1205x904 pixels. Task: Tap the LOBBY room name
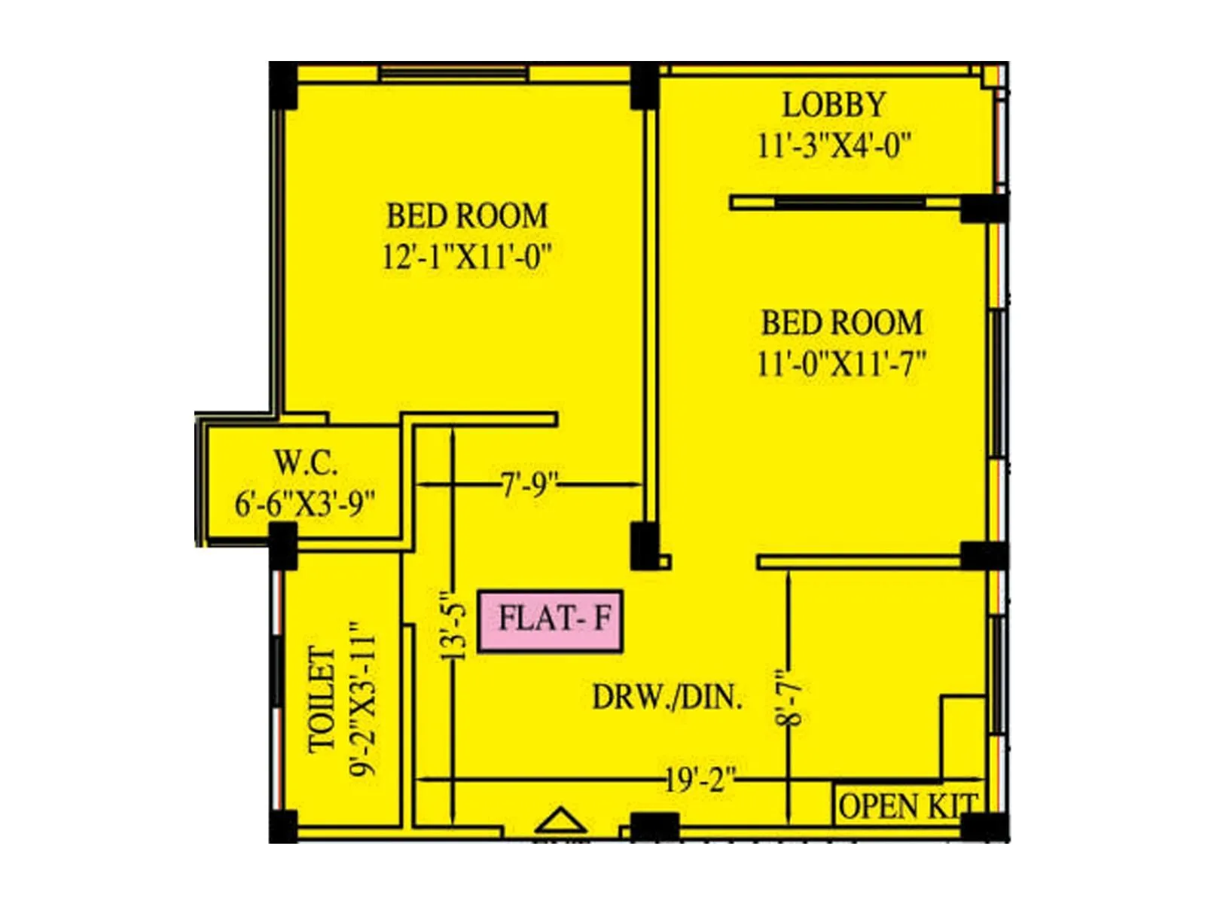(834, 105)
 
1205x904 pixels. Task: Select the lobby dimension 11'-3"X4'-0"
(834, 145)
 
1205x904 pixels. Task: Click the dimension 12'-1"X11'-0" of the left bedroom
(466, 258)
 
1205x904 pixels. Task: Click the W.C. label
(305, 463)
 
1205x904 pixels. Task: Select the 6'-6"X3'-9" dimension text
(305, 503)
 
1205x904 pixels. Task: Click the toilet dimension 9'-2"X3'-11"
(364, 699)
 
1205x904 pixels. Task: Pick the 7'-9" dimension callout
(529, 484)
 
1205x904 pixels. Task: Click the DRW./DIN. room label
(667, 698)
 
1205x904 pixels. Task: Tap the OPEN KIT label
(908, 807)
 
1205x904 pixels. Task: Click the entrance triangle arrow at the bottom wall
(560, 820)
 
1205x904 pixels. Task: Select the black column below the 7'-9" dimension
(645, 545)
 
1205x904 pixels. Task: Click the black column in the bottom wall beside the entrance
(654, 826)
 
